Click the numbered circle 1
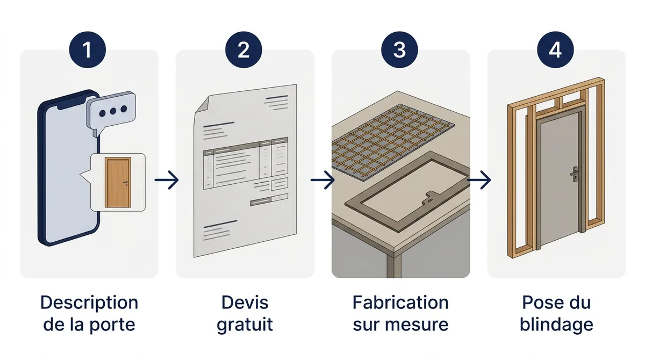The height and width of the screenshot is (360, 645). [88, 49]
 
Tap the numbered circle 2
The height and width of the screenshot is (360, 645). [243, 49]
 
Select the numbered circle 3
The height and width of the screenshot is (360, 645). [399, 49]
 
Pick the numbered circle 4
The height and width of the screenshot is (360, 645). [555, 49]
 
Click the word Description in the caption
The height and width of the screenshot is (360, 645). [89, 303]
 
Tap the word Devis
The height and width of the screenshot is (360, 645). [245, 303]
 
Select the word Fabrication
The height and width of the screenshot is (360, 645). [400, 303]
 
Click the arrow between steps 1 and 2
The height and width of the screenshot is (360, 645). [167, 180]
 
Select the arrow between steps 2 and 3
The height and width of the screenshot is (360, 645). [322, 180]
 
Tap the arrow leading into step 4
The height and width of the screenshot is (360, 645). [479, 180]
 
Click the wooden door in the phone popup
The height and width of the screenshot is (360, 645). [118, 182]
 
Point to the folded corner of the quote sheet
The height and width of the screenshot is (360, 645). [203, 104]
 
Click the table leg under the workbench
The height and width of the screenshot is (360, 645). [394, 265]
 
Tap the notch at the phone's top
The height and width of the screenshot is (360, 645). [72, 105]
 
